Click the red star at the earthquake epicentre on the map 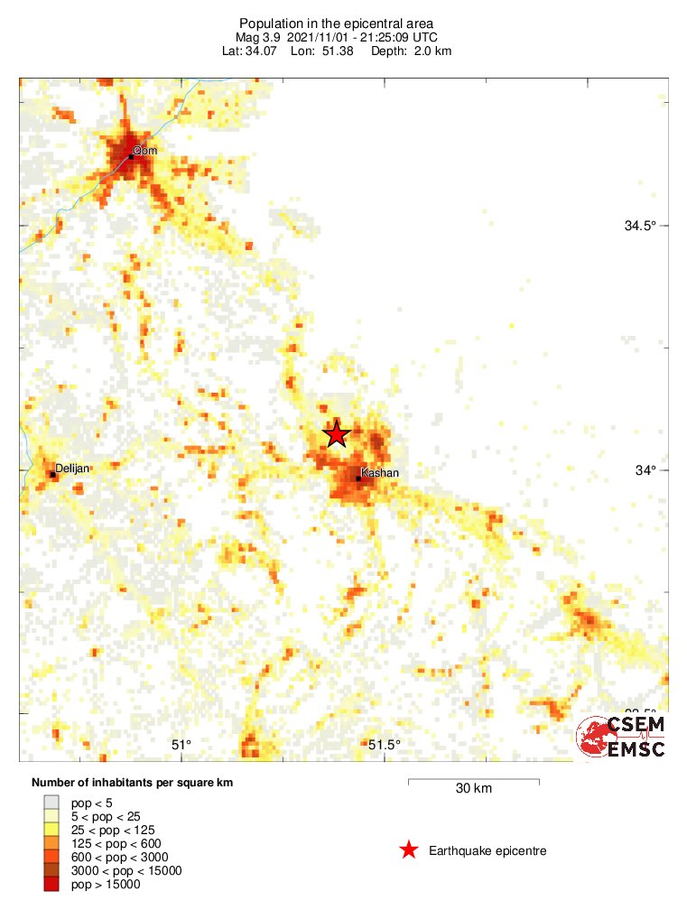pyautogui.click(x=337, y=434)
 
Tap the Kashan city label pyautogui.click(x=379, y=473)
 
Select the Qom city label pyautogui.click(x=145, y=151)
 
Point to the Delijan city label pyautogui.click(x=73, y=469)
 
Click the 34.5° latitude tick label pyautogui.click(x=639, y=226)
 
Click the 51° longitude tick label pyautogui.click(x=182, y=745)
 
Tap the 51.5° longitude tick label pyautogui.click(x=384, y=745)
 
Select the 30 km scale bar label pyautogui.click(x=473, y=788)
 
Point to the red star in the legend pyautogui.click(x=409, y=850)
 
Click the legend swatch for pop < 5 pyautogui.click(x=52, y=802)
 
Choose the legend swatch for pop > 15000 pyautogui.click(x=52, y=885)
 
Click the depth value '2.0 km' pyautogui.click(x=433, y=51)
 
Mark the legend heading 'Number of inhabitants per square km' pyautogui.click(x=133, y=783)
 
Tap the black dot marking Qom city pyautogui.click(x=131, y=156)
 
